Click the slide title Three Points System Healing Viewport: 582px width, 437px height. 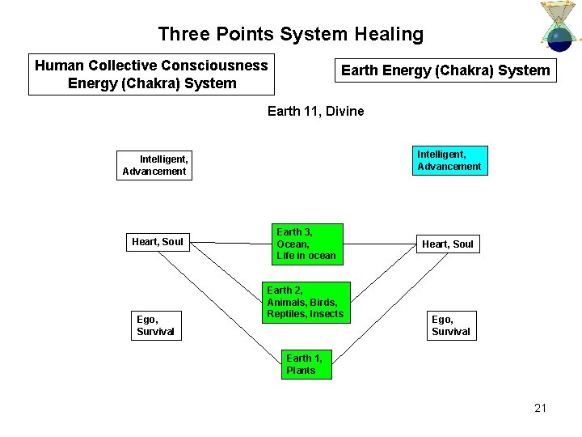290,34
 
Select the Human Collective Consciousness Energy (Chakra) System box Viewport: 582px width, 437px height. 151,74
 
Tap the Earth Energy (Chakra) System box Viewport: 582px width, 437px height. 445,70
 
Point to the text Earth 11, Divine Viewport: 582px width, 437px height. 315,111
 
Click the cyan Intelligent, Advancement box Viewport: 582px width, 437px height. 449,160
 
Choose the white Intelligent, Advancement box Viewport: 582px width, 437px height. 154,165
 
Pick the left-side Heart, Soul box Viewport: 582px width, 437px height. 158,241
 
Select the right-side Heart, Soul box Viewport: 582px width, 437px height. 448,244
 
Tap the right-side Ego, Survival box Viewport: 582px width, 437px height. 450,326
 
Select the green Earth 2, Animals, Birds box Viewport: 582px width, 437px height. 305,302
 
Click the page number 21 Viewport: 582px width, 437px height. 540,408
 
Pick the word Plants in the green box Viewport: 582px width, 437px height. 300,371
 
